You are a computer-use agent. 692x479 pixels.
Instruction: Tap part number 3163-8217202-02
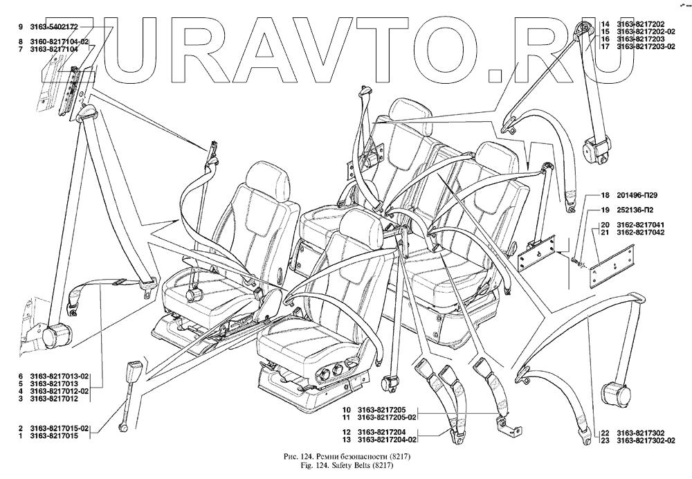click(648, 31)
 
